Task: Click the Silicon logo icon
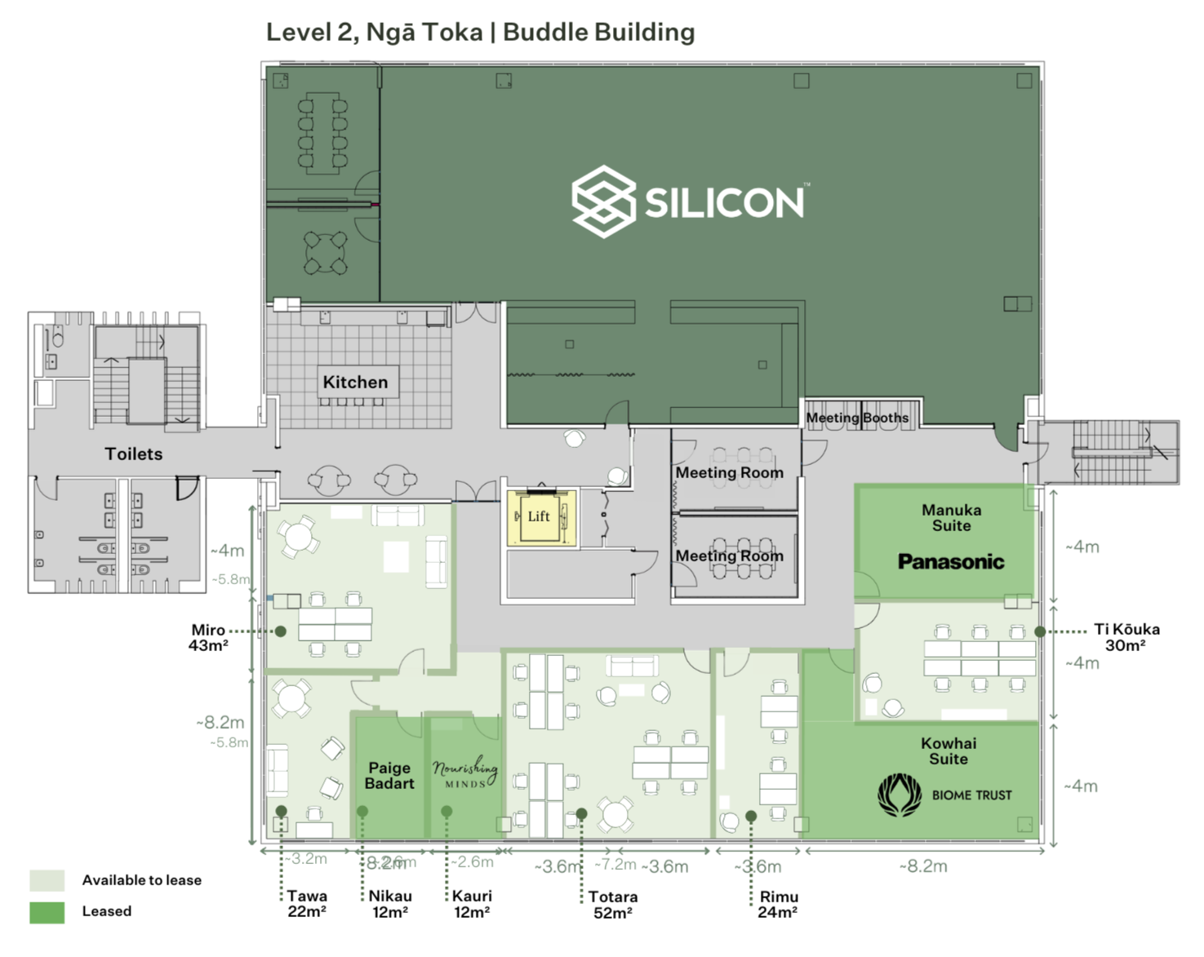603,202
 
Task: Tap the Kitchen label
355,382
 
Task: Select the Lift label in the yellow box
539,516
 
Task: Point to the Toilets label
133,454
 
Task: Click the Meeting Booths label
857,418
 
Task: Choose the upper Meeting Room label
729,472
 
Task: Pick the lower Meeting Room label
729,556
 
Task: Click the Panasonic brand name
951,561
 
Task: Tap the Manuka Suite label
951,517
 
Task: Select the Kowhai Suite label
949,751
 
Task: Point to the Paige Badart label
389,775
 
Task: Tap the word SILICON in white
725,202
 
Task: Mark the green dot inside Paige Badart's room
362,810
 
